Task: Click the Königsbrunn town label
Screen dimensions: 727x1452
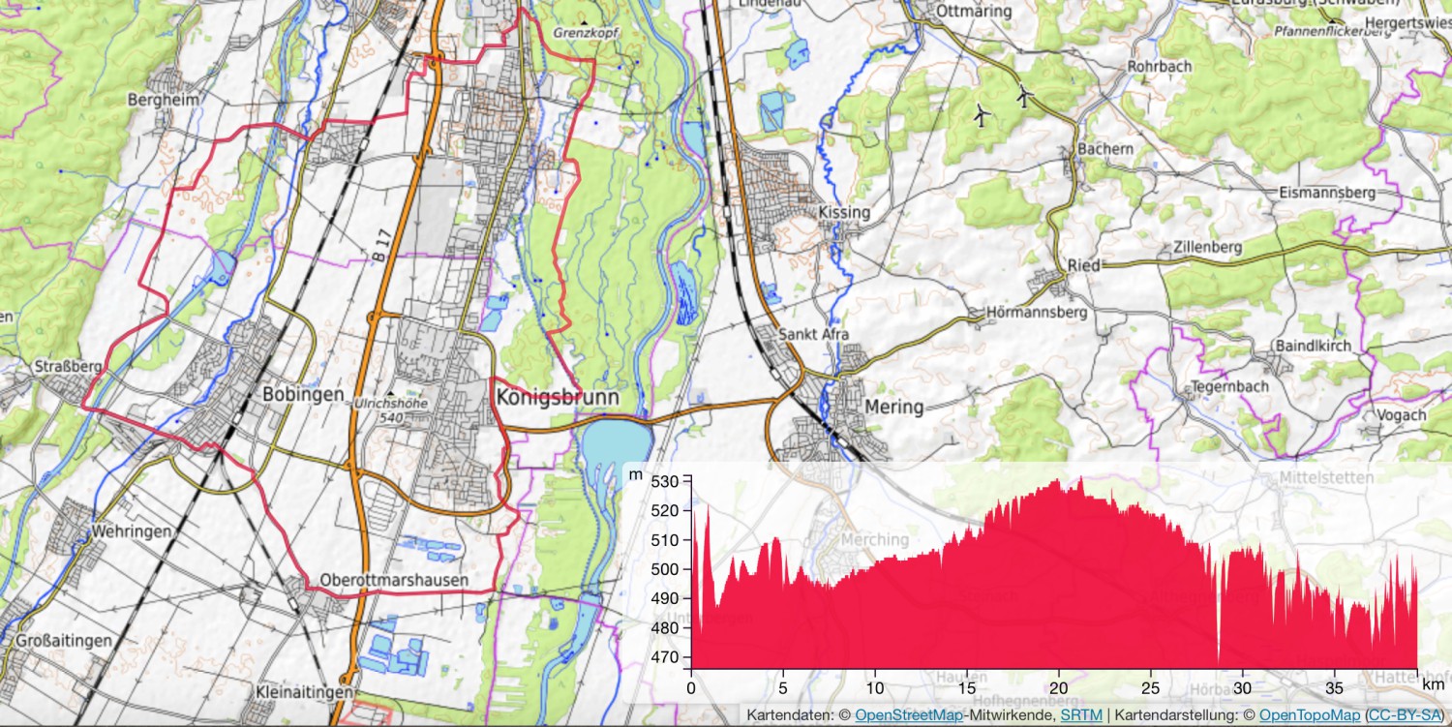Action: pos(557,397)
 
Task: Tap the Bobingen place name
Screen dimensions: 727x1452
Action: pos(303,394)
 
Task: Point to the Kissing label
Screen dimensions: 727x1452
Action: pos(844,212)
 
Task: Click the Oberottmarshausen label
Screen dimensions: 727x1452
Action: pos(394,580)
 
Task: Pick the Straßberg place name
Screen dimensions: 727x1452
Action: pos(68,367)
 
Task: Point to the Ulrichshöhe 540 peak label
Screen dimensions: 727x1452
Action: pos(390,409)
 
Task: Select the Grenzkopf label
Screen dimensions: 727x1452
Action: pos(585,32)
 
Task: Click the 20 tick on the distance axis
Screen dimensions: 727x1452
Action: pos(1060,687)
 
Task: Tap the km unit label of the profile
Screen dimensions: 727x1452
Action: pos(1434,683)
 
